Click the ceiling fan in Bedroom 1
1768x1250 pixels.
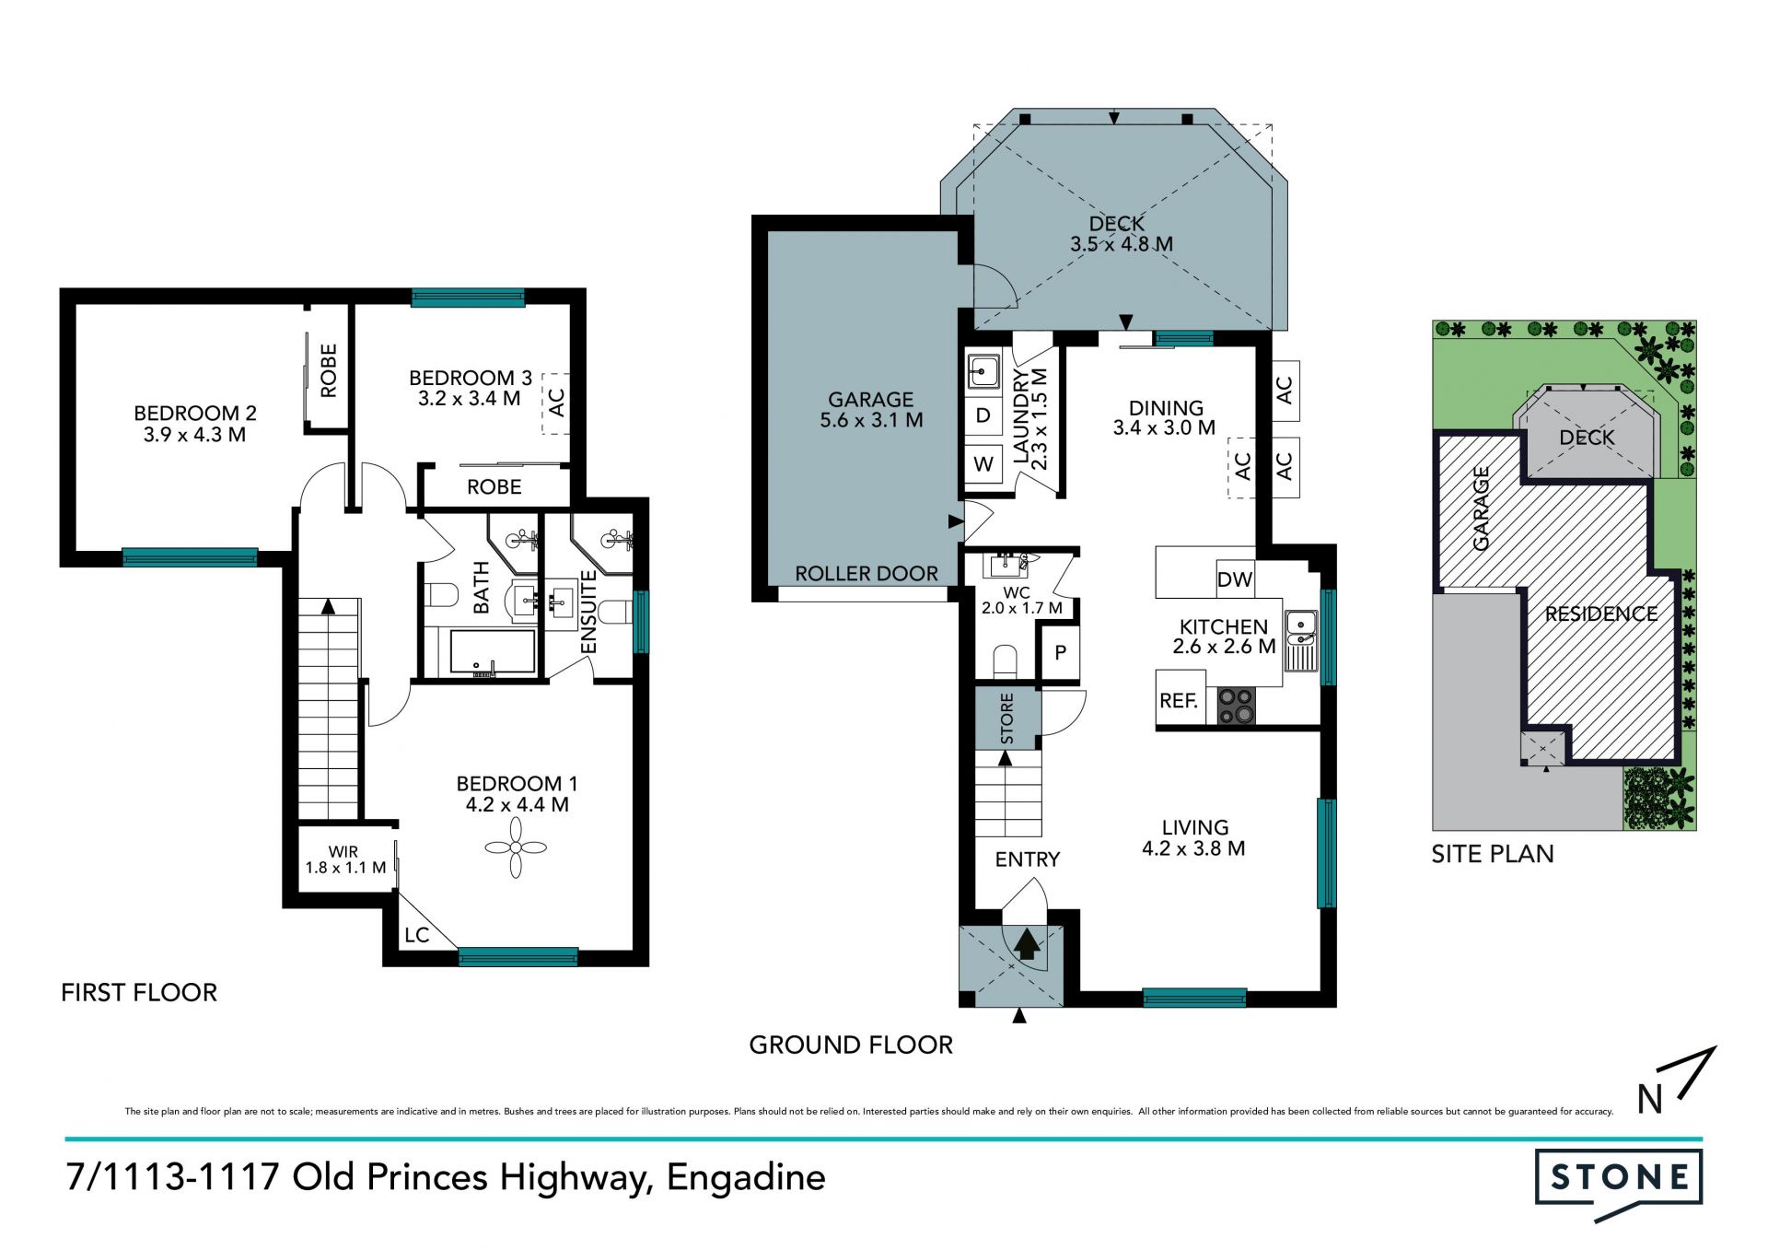click(x=516, y=847)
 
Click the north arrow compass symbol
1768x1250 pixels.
click(x=1677, y=1080)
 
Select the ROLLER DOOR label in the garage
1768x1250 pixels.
click(x=867, y=574)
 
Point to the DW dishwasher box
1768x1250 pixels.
click(x=1235, y=578)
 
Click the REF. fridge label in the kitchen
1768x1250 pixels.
click(x=1179, y=701)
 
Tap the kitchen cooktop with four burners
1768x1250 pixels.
click(x=1236, y=707)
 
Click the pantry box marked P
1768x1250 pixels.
click(x=1060, y=653)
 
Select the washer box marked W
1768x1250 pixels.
click(x=983, y=464)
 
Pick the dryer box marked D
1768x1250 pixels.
click(x=983, y=415)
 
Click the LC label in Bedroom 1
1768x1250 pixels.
click(x=416, y=936)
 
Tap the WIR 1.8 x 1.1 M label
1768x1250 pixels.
click(x=345, y=860)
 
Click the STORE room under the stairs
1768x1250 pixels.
click(x=1007, y=718)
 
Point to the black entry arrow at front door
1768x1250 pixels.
click(x=1027, y=943)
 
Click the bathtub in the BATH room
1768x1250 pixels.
click(x=492, y=653)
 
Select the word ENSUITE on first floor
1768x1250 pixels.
click(x=589, y=613)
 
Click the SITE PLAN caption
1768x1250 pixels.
click(x=1493, y=854)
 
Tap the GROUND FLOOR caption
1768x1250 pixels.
click(x=851, y=1046)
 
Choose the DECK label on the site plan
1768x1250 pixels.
click(x=1587, y=438)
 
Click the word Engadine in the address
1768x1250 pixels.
click(x=746, y=1178)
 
